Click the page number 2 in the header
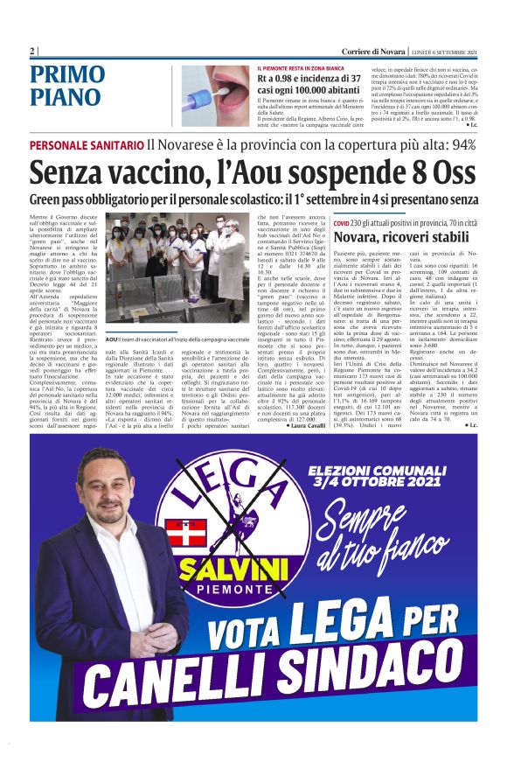(33, 51)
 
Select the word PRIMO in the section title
(67, 74)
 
